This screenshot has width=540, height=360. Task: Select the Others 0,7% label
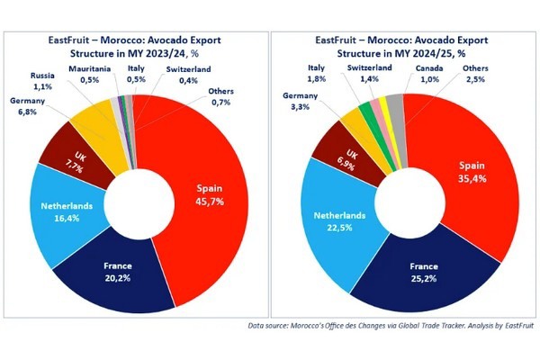220,95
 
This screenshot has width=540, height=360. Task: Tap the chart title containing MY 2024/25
405,45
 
